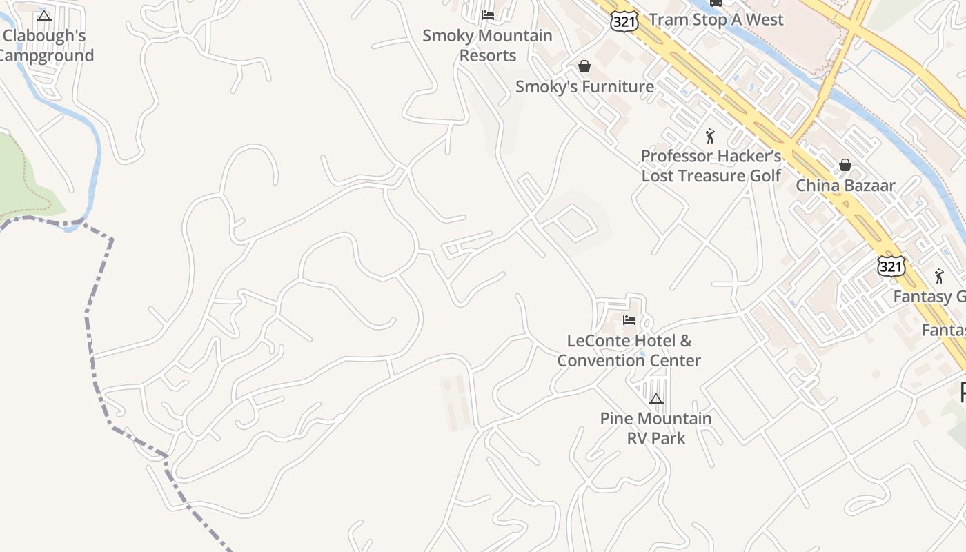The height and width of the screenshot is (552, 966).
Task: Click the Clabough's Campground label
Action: coord(46,46)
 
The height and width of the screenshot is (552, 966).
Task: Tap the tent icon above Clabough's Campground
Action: coord(44,16)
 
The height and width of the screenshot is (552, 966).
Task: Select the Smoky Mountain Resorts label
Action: coord(487,46)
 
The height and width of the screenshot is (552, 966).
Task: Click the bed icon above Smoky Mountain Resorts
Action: coord(488,14)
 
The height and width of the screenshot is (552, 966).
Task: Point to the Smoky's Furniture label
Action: coord(584,87)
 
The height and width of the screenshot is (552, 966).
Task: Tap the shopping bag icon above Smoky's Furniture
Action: coord(584,66)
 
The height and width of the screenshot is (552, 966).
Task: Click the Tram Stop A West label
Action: coord(716,19)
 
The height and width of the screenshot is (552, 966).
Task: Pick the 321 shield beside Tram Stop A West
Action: coord(624,21)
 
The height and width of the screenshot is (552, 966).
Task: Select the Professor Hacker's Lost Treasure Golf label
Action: coord(711,166)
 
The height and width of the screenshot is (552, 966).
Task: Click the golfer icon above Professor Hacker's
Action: coord(710,136)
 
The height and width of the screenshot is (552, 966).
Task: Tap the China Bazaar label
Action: coord(845,186)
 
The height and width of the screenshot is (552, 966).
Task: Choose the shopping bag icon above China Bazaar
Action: coord(845,165)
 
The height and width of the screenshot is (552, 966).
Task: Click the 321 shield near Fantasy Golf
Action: coord(891,266)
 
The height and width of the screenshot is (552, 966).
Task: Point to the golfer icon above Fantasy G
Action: coord(938,276)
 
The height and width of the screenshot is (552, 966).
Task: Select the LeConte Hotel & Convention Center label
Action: coord(629,351)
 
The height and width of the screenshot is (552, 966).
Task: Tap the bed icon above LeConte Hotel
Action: coord(629,320)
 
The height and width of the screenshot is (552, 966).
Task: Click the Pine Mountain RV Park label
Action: coord(655,428)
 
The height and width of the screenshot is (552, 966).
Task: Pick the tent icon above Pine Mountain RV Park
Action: coord(655,399)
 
